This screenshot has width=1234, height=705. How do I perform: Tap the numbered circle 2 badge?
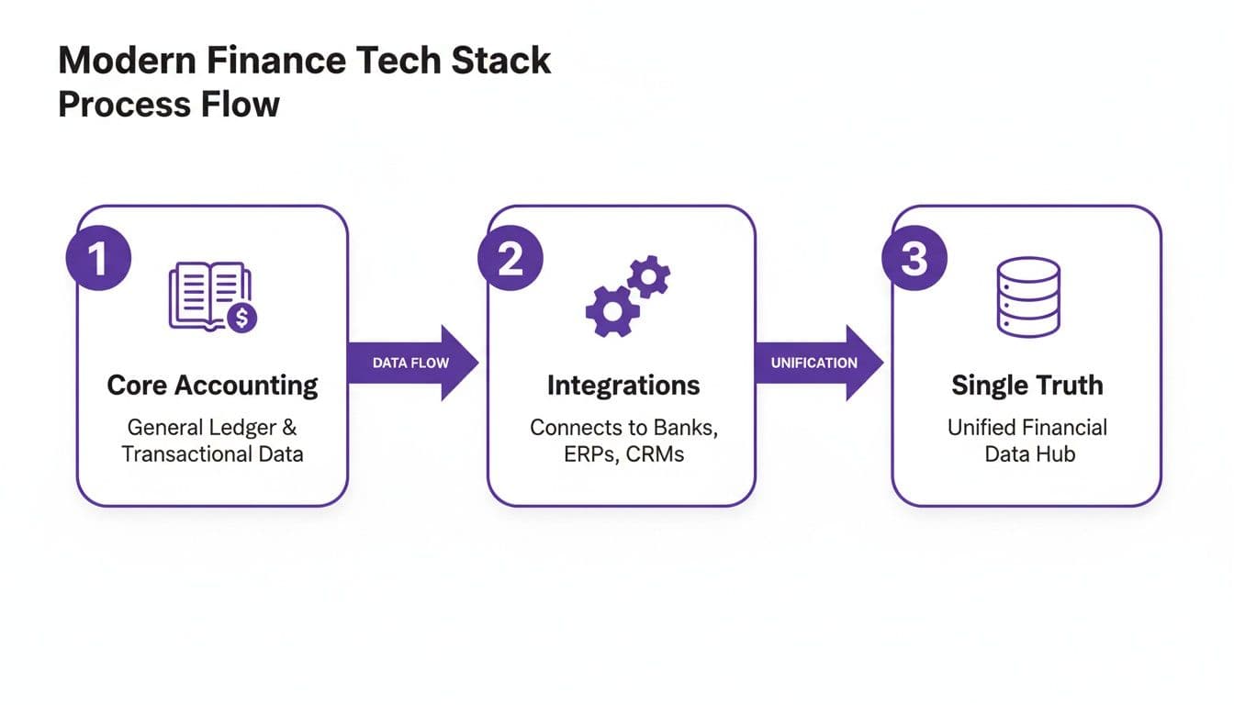[510, 260]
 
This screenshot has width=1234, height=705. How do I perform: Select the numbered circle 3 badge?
[914, 260]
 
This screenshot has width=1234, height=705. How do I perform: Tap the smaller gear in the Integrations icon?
[649, 276]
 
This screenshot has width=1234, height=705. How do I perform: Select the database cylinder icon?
[1028, 296]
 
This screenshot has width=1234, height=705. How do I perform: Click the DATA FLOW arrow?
[412, 363]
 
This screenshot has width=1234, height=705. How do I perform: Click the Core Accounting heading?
[212, 386]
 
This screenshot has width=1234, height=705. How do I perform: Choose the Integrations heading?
[623, 386]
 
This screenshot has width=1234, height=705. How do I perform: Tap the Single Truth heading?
[1027, 386]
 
